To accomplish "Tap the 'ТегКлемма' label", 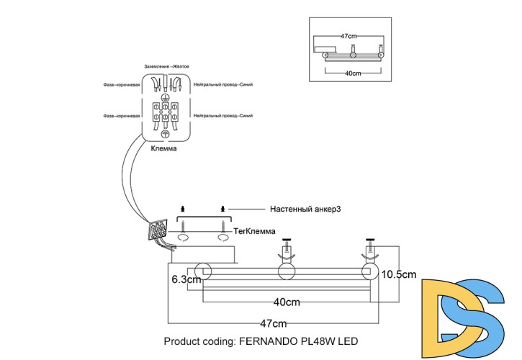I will point(253,230).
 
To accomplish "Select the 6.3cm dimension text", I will point(184,277).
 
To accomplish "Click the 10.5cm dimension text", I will point(398,274).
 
